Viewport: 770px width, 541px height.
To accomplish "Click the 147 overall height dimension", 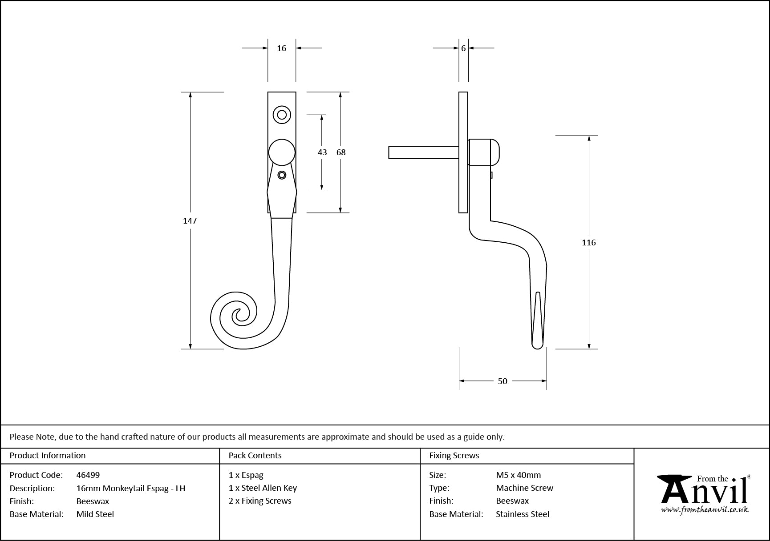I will (190, 220).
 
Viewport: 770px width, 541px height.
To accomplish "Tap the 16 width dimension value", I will (281, 48).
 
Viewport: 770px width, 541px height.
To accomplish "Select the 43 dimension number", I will (322, 152).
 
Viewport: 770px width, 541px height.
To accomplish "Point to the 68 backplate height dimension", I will (341, 152).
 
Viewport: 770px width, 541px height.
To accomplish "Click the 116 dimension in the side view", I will (588, 242).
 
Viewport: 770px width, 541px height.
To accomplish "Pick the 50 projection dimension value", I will (503, 381).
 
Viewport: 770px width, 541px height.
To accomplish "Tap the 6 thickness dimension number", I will (463, 48).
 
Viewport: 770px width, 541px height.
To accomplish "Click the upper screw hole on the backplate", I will (282, 115).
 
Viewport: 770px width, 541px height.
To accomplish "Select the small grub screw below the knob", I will (281, 175).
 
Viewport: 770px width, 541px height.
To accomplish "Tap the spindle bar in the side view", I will (423, 152).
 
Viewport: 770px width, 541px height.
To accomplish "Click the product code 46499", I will (88, 475).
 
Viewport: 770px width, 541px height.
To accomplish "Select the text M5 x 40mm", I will (519, 475).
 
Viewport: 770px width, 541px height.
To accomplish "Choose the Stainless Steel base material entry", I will (523, 514).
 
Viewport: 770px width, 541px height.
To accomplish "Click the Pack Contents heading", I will (255, 455).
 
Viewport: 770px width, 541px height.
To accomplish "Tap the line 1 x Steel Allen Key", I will (263, 488).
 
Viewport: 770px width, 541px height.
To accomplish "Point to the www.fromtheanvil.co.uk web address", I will (705, 510).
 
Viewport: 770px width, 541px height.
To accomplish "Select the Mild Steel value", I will (95, 514).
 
